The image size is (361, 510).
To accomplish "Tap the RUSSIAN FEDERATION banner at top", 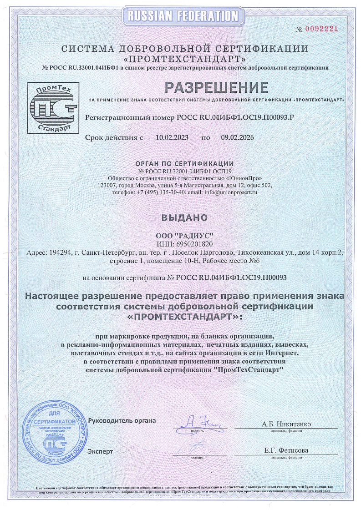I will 180,17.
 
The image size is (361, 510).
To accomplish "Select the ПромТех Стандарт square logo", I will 53,107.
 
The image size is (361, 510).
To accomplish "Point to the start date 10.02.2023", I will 172,137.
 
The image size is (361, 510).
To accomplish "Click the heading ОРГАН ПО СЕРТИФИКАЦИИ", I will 185,164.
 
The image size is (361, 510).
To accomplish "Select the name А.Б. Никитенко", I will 286,424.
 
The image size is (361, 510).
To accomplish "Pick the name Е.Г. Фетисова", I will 286,450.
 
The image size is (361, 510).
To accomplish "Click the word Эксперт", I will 101,452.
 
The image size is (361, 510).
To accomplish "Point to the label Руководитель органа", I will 122,421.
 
